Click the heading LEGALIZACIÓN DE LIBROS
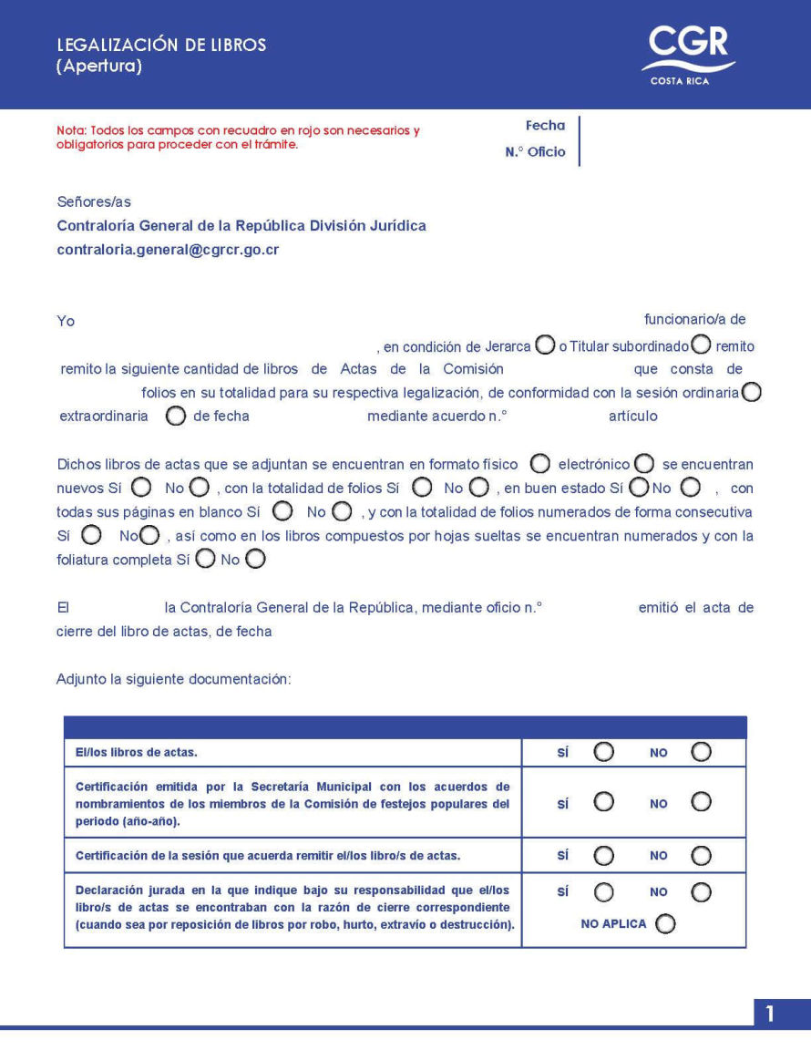(161, 45)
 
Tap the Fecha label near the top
(545, 126)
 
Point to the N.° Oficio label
(535, 152)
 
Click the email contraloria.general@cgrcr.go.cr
(168, 248)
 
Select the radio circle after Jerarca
(544, 345)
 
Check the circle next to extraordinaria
(177, 416)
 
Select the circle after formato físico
(539, 464)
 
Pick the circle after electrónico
(643, 464)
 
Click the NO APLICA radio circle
(665, 924)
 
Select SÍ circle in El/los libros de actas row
(603, 752)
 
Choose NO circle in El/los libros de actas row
(700, 752)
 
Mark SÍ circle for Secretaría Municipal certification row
(603, 802)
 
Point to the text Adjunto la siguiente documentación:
(173, 679)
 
